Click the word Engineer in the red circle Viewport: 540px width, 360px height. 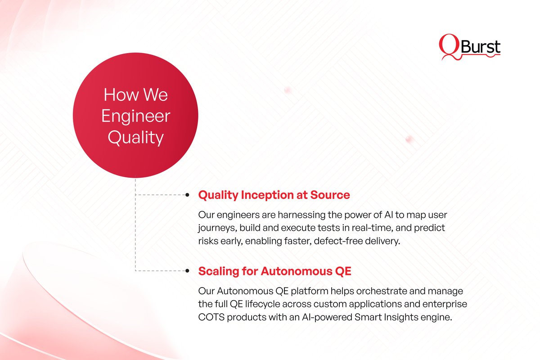click(135, 116)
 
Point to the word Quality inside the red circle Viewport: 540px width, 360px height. click(135, 137)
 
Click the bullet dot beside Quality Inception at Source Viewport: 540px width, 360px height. click(188, 195)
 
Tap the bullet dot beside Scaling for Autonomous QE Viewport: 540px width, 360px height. click(188, 271)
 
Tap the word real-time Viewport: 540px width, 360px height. click(370, 228)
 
